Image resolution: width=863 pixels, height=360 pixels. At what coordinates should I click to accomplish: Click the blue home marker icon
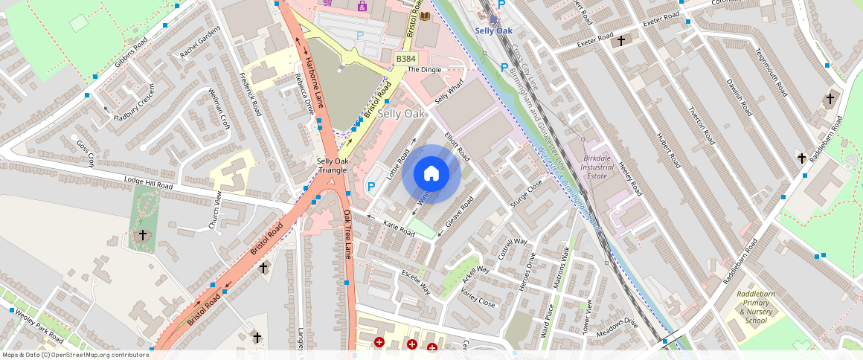coord(431,174)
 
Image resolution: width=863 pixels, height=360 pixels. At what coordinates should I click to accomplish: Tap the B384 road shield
coord(405,59)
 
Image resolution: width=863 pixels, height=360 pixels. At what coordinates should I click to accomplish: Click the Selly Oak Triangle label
coord(332,166)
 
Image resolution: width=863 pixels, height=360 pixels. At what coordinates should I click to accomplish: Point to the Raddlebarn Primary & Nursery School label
coord(755,307)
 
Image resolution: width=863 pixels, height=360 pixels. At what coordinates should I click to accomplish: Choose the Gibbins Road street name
coord(135,49)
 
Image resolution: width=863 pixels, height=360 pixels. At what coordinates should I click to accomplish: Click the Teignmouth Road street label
coord(771,71)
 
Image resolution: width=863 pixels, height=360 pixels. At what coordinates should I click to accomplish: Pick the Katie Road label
coord(399,228)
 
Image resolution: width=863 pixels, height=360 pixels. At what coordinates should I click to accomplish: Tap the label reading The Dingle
coord(425,70)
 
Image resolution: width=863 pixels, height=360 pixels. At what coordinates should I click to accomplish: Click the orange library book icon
coord(425,16)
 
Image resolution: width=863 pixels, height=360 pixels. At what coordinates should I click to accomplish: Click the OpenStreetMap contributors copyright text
coord(76,355)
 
